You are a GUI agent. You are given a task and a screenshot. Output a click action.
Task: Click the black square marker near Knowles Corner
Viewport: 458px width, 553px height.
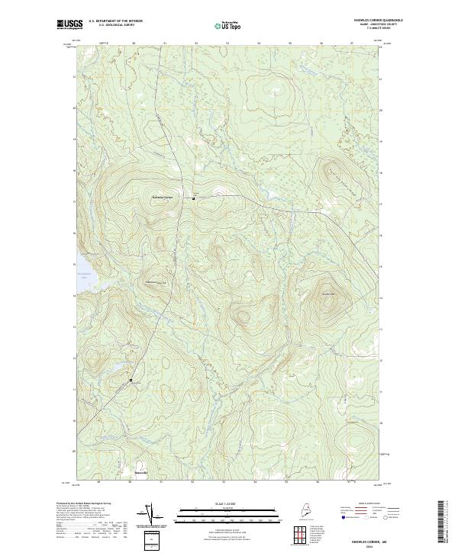click(x=193, y=198)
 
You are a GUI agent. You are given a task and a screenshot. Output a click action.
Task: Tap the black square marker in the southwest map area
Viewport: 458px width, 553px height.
click(x=131, y=380)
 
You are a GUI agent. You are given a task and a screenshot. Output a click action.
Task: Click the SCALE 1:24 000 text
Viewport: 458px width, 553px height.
click(x=214, y=504)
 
